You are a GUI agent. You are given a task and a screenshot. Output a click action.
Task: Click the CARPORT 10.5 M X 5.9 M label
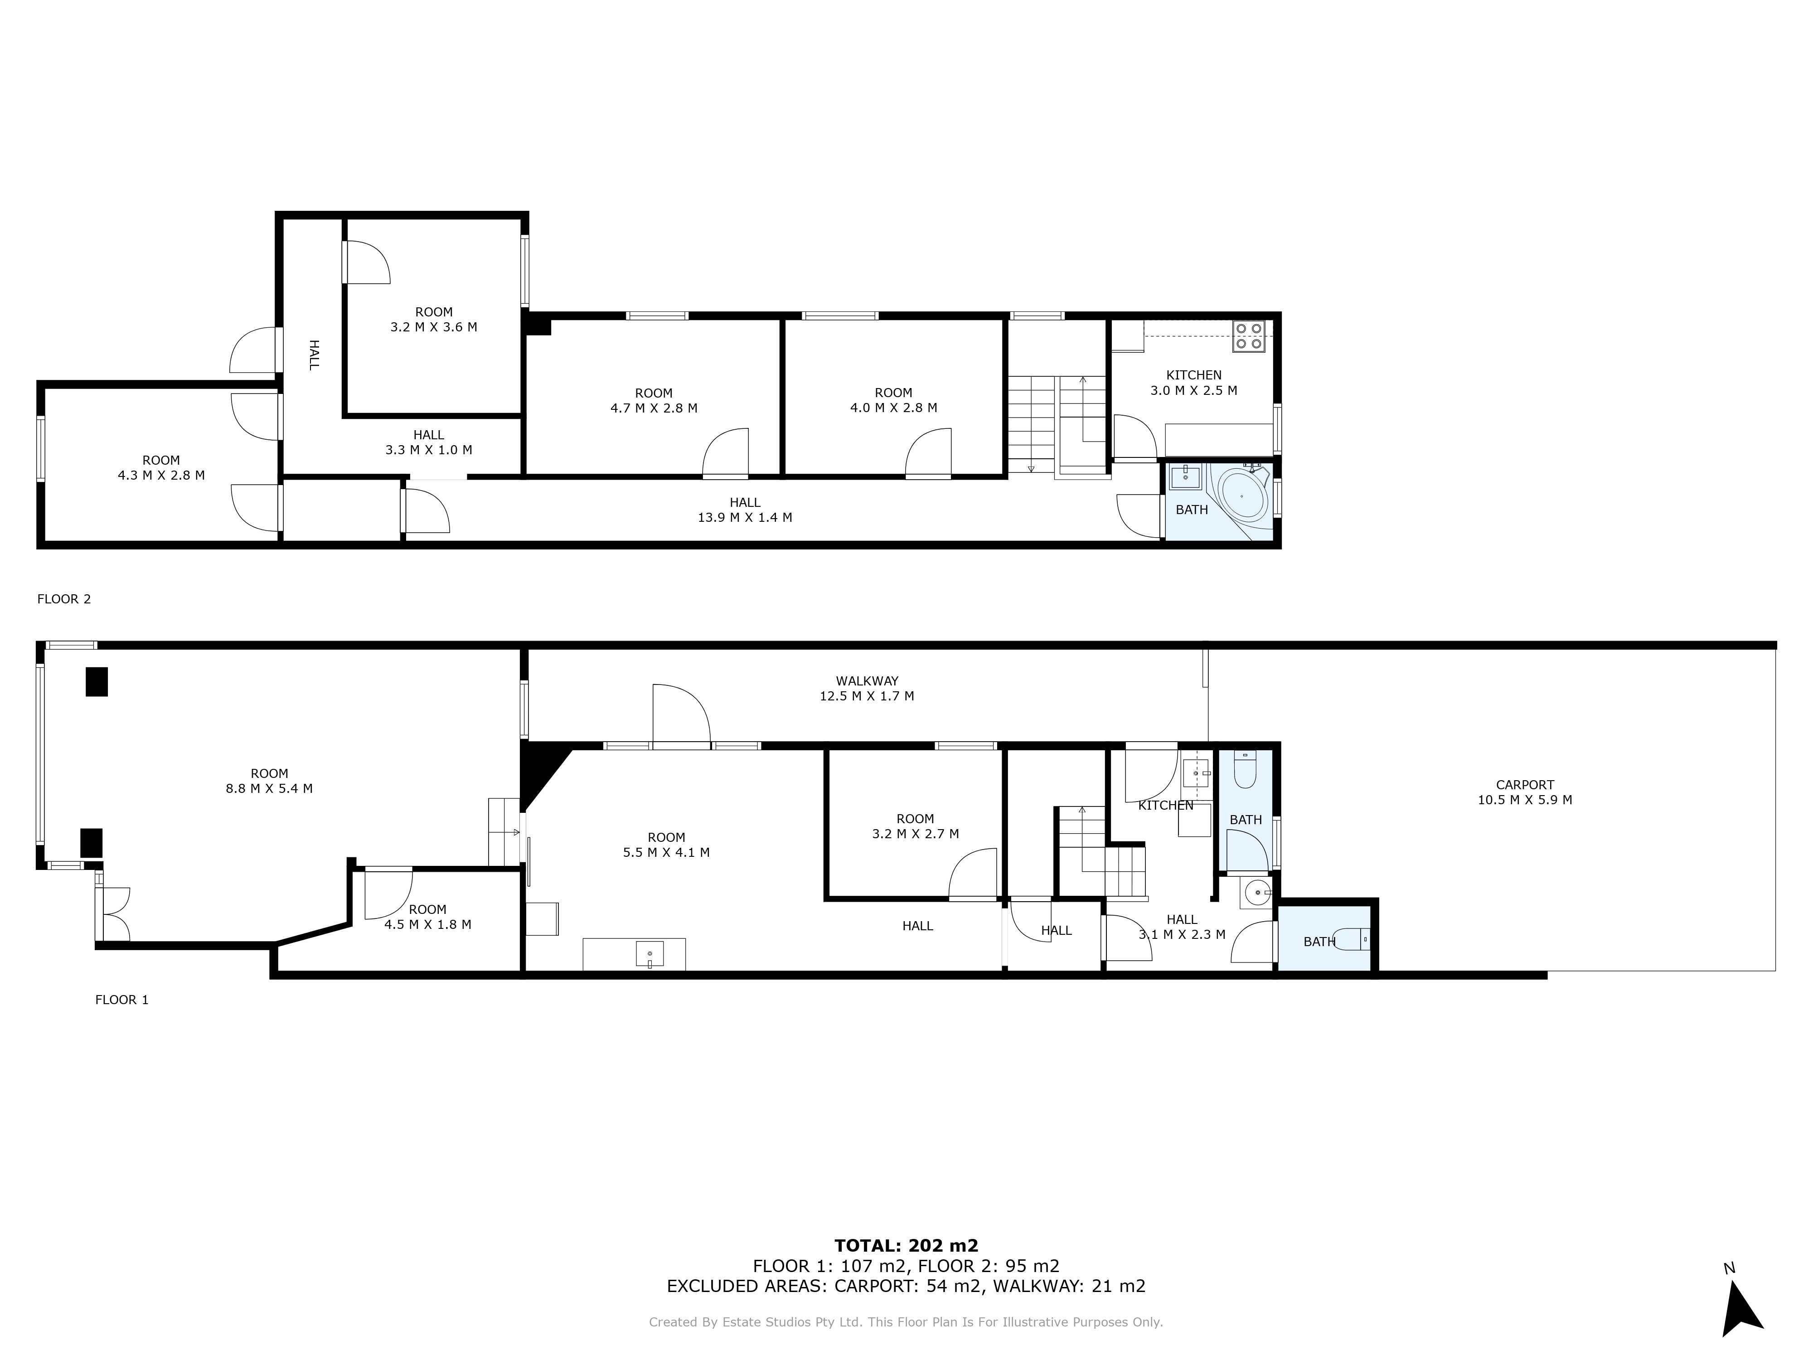(1524, 792)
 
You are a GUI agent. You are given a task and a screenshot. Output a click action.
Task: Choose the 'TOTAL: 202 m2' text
(906, 1246)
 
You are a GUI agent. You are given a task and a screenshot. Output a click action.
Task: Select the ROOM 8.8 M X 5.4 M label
(270, 781)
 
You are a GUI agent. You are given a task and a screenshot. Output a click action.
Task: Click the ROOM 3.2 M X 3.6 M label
(434, 319)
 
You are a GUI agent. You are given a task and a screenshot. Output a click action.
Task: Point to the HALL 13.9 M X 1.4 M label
(745, 510)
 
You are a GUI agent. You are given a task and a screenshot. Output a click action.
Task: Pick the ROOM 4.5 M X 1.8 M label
(428, 917)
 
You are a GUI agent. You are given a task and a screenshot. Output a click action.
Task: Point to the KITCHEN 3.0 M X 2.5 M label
(1194, 383)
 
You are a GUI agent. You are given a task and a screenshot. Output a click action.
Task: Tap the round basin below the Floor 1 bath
(1255, 891)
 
